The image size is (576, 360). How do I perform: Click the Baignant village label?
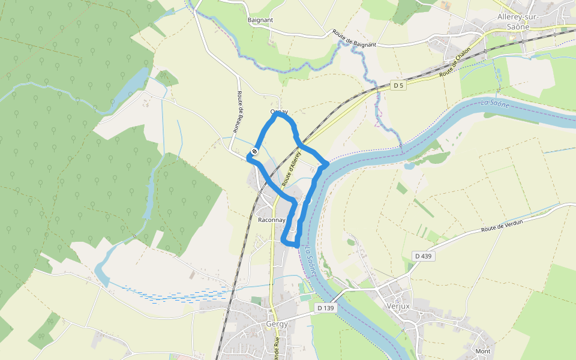260,20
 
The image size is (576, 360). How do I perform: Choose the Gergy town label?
277,325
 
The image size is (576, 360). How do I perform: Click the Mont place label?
482,351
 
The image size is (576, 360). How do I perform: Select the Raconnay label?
271,220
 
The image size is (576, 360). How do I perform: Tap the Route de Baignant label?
354,39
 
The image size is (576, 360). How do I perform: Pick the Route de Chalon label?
455,62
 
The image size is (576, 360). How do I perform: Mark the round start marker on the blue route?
255,151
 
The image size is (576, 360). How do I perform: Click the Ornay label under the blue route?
279,112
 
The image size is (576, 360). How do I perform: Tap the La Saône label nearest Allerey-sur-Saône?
494,104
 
